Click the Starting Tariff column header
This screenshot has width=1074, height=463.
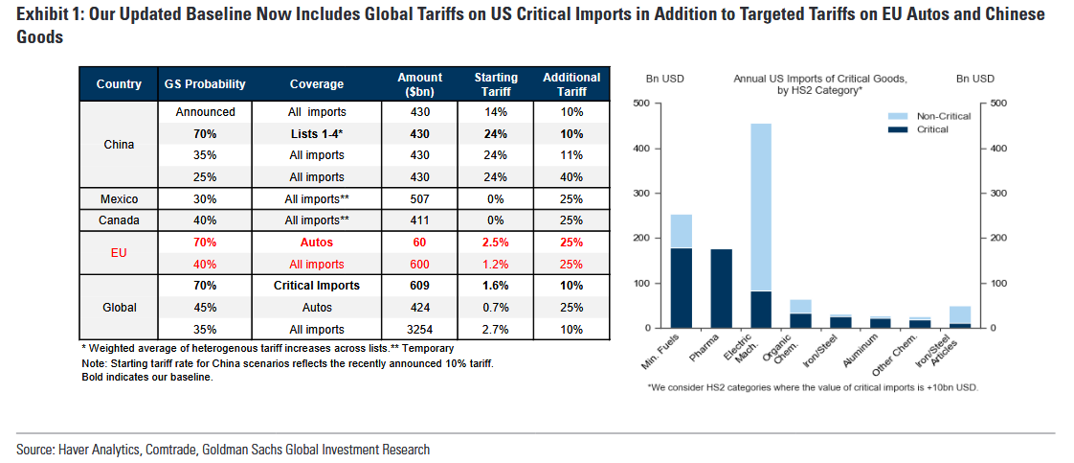point(496,83)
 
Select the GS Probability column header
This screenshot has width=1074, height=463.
point(205,84)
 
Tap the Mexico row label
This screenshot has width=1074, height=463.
point(119,199)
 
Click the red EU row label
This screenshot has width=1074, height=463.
point(119,253)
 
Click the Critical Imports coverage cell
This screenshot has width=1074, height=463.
point(316,286)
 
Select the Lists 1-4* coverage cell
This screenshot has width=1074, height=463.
point(316,134)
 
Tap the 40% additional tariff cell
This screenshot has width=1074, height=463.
point(571,177)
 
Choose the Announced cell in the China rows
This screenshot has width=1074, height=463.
point(205,112)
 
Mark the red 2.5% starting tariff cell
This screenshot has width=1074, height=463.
point(496,243)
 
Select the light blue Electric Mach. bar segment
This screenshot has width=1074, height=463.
point(762,207)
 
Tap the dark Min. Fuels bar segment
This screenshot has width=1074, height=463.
point(682,288)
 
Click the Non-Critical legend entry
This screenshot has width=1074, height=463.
point(943,116)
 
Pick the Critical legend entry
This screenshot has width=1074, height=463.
point(932,129)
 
